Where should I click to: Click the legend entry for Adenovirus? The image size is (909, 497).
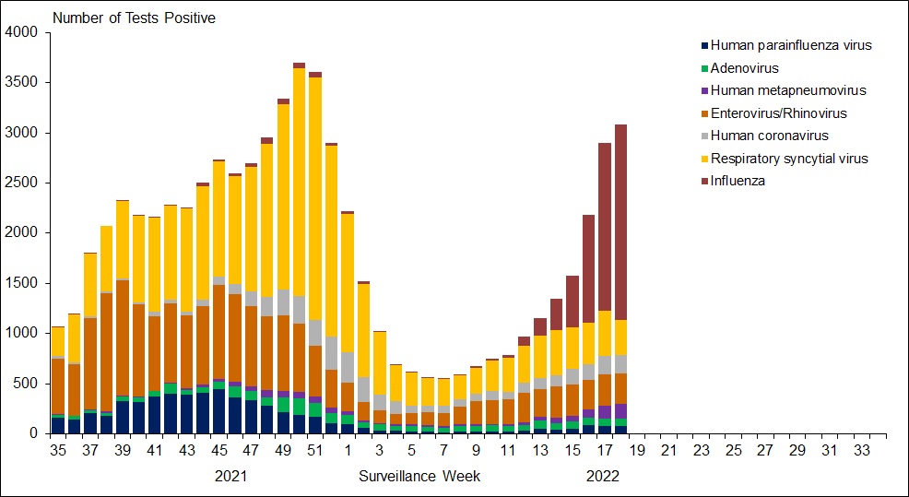[x=744, y=67]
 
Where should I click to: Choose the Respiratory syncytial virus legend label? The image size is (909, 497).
[x=789, y=159]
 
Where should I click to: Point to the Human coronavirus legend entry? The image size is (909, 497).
[x=764, y=136]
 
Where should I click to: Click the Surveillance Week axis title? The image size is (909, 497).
[x=419, y=476]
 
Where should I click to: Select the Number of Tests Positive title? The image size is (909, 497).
[x=134, y=18]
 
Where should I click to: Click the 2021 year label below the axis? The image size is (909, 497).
[x=231, y=476]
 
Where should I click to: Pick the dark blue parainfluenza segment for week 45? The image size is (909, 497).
[x=218, y=411]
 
